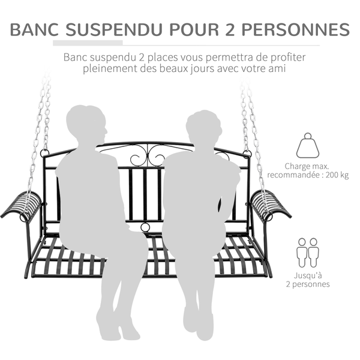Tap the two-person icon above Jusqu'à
click(308, 252)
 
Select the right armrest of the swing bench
click(269, 205)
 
